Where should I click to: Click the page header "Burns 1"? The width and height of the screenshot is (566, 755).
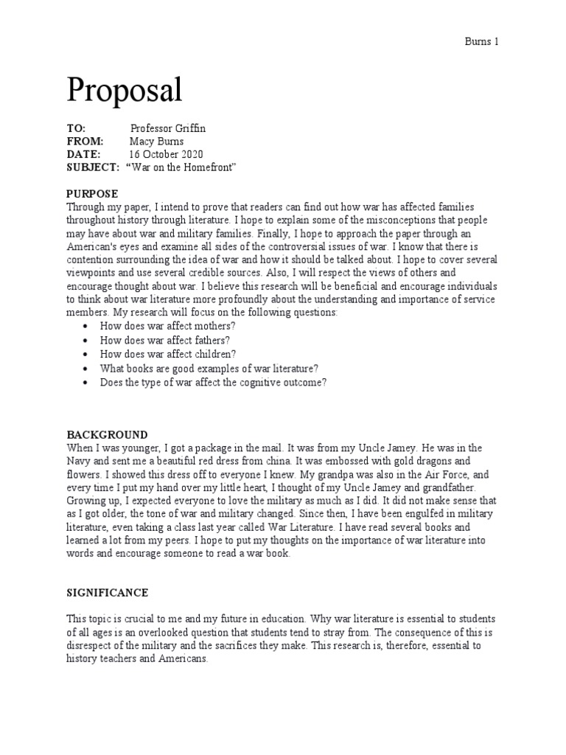[482, 41]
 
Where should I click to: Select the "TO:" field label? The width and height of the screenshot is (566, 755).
[76, 128]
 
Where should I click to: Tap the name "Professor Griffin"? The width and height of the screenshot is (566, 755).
[167, 128]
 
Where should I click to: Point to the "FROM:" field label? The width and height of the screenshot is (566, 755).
[85, 141]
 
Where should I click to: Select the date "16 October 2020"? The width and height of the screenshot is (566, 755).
[166, 154]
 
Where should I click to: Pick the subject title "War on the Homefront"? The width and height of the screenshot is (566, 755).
[182, 167]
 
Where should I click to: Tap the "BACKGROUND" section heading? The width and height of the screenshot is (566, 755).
[107, 435]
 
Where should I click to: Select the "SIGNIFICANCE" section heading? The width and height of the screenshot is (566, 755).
[108, 593]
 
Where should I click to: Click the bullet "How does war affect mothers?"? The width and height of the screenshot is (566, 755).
[167, 327]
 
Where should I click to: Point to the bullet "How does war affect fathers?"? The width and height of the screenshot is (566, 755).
[165, 341]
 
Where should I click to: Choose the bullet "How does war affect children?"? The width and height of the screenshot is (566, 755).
[168, 354]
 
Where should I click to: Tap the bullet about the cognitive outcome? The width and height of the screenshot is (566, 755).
[214, 382]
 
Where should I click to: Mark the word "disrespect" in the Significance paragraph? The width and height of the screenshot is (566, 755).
[91, 647]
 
